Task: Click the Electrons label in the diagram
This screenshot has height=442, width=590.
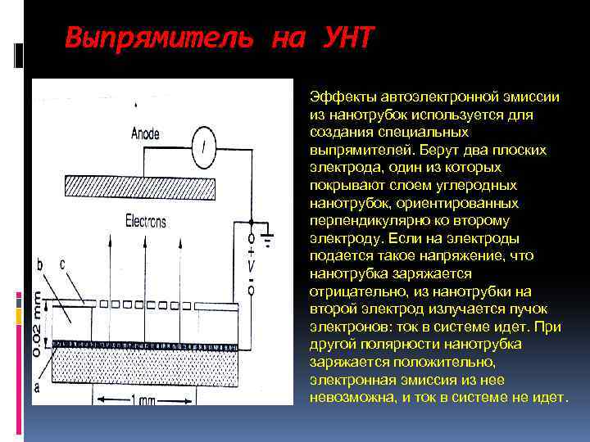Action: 146,220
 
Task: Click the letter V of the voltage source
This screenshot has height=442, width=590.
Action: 252,266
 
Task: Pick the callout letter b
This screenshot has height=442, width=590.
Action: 40,264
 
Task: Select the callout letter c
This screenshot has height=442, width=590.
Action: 62,264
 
